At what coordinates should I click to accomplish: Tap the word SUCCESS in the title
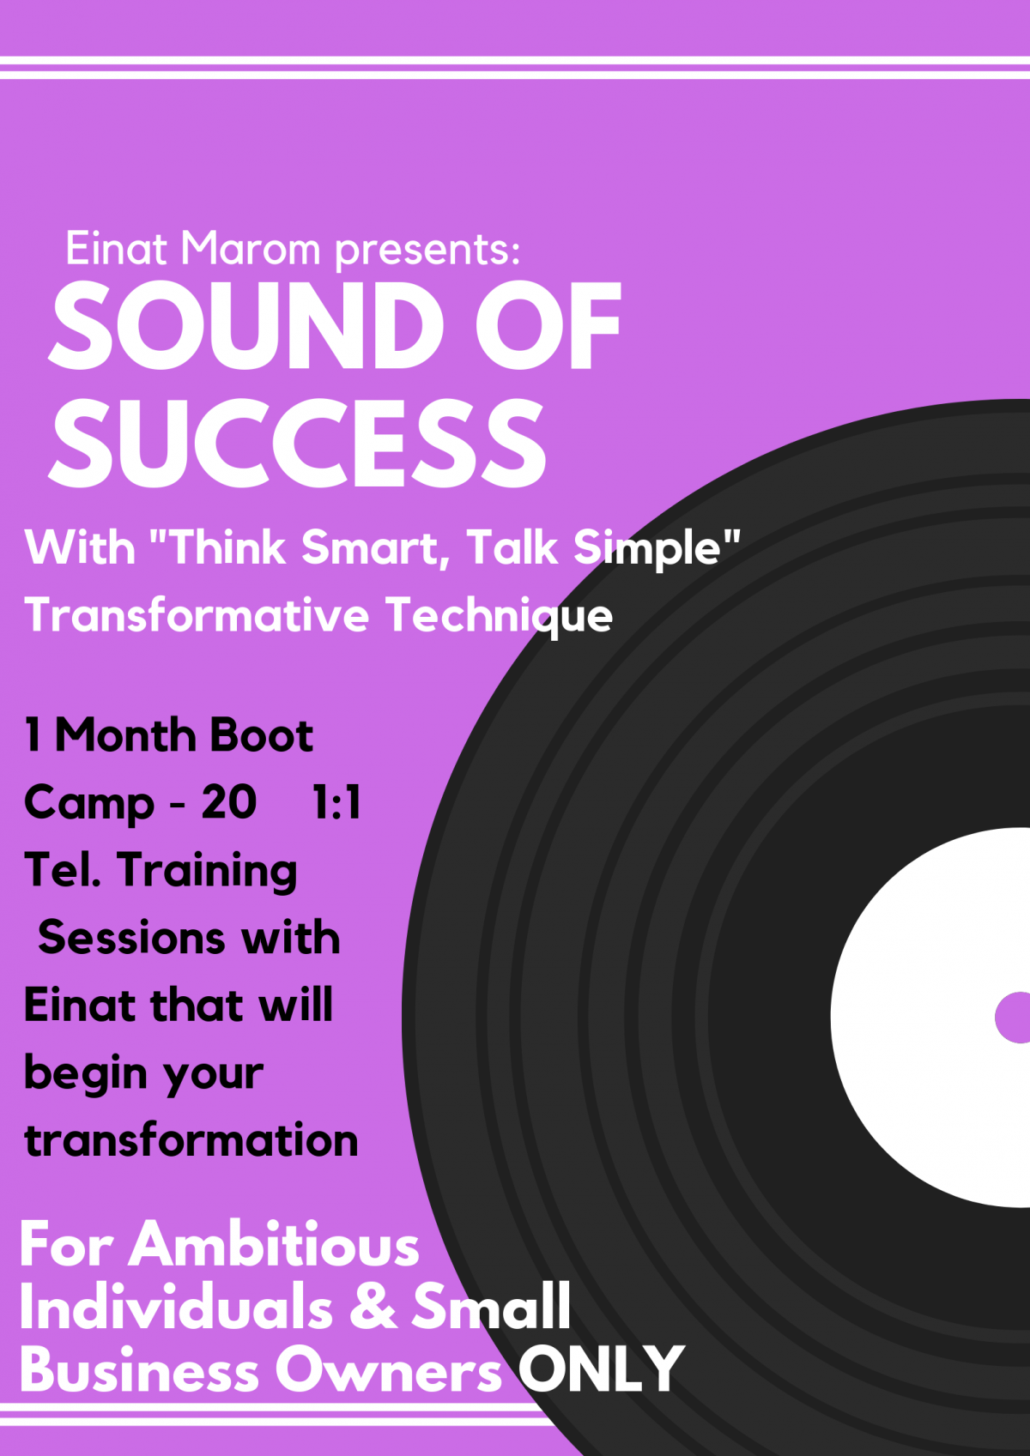(x=297, y=443)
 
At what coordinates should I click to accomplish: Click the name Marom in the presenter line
(x=251, y=248)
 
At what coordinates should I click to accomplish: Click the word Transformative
(x=197, y=614)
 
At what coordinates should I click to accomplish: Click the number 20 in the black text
(x=228, y=802)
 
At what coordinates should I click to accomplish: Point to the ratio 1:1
(x=336, y=802)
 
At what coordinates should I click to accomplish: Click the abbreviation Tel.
(x=63, y=870)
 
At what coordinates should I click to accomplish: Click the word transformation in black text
(x=191, y=1141)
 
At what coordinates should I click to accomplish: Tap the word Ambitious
(x=274, y=1245)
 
